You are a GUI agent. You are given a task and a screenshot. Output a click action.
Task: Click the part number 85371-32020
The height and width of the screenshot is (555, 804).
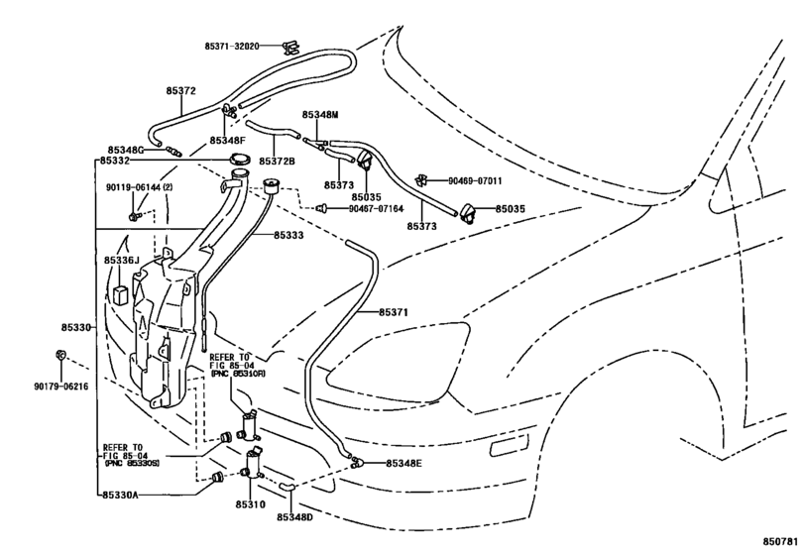click(232, 47)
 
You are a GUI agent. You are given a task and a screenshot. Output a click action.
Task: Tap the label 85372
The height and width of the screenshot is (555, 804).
click(180, 91)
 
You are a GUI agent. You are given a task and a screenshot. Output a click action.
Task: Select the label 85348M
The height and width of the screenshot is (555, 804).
click(320, 115)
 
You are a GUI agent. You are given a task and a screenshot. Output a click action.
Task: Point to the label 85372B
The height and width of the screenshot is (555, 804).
click(277, 161)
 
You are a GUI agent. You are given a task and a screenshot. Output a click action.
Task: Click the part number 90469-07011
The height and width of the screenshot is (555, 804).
click(475, 181)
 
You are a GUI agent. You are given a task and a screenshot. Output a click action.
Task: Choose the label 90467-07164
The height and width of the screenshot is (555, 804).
click(376, 209)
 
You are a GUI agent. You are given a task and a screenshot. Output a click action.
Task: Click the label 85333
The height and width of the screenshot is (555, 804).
click(288, 235)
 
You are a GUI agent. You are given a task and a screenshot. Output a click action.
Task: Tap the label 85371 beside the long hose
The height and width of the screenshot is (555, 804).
click(394, 312)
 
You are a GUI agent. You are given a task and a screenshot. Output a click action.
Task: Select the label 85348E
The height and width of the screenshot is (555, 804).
click(403, 463)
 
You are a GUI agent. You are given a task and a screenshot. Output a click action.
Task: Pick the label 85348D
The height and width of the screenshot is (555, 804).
click(294, 517)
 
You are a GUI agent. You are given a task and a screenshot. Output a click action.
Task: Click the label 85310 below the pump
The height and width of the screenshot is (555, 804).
click(251, 504)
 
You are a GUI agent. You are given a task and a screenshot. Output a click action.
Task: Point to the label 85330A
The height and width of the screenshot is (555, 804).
click(121, 496)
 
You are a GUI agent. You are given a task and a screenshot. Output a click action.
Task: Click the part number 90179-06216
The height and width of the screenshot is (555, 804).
click(61, 387)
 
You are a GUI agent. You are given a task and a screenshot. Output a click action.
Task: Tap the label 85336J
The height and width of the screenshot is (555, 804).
click(122, 261)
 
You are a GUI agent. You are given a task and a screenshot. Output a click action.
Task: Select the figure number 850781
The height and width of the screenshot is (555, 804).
click(781, 542)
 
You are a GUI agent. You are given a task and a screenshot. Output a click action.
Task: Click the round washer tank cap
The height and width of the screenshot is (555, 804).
click(240, 159)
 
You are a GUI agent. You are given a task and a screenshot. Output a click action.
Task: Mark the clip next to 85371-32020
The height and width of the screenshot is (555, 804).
click(290, 48)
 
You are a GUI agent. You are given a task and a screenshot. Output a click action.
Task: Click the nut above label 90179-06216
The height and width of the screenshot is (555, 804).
click(60, 354)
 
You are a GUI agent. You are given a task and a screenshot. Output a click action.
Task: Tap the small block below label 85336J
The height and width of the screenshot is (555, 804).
click(120, 295)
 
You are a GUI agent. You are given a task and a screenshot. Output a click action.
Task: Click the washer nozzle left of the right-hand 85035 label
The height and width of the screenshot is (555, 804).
click(470, 213)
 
